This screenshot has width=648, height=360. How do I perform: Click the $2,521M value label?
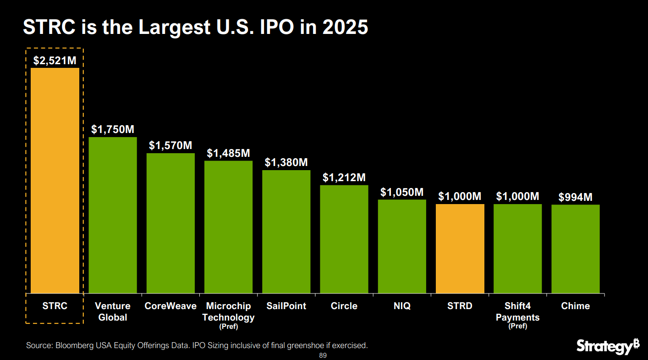click(55, 61)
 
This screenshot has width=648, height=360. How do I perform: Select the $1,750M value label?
click(113, 129)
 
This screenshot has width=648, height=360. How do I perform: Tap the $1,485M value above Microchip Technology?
click(228, 153)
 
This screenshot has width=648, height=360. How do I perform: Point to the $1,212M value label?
click(344, 177)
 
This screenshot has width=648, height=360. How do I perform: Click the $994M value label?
click(575, 197)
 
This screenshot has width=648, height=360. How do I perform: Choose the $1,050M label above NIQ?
click(402, 192)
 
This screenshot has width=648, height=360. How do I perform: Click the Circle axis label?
click(344, 306)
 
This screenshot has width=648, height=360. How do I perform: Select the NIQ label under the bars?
click(402, 306)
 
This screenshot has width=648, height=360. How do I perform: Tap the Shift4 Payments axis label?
click(517, 311)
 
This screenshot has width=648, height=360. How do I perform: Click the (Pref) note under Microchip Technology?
click(228, 327)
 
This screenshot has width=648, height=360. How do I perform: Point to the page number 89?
click(323, 356)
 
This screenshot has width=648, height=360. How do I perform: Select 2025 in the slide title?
click(345, 28)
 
